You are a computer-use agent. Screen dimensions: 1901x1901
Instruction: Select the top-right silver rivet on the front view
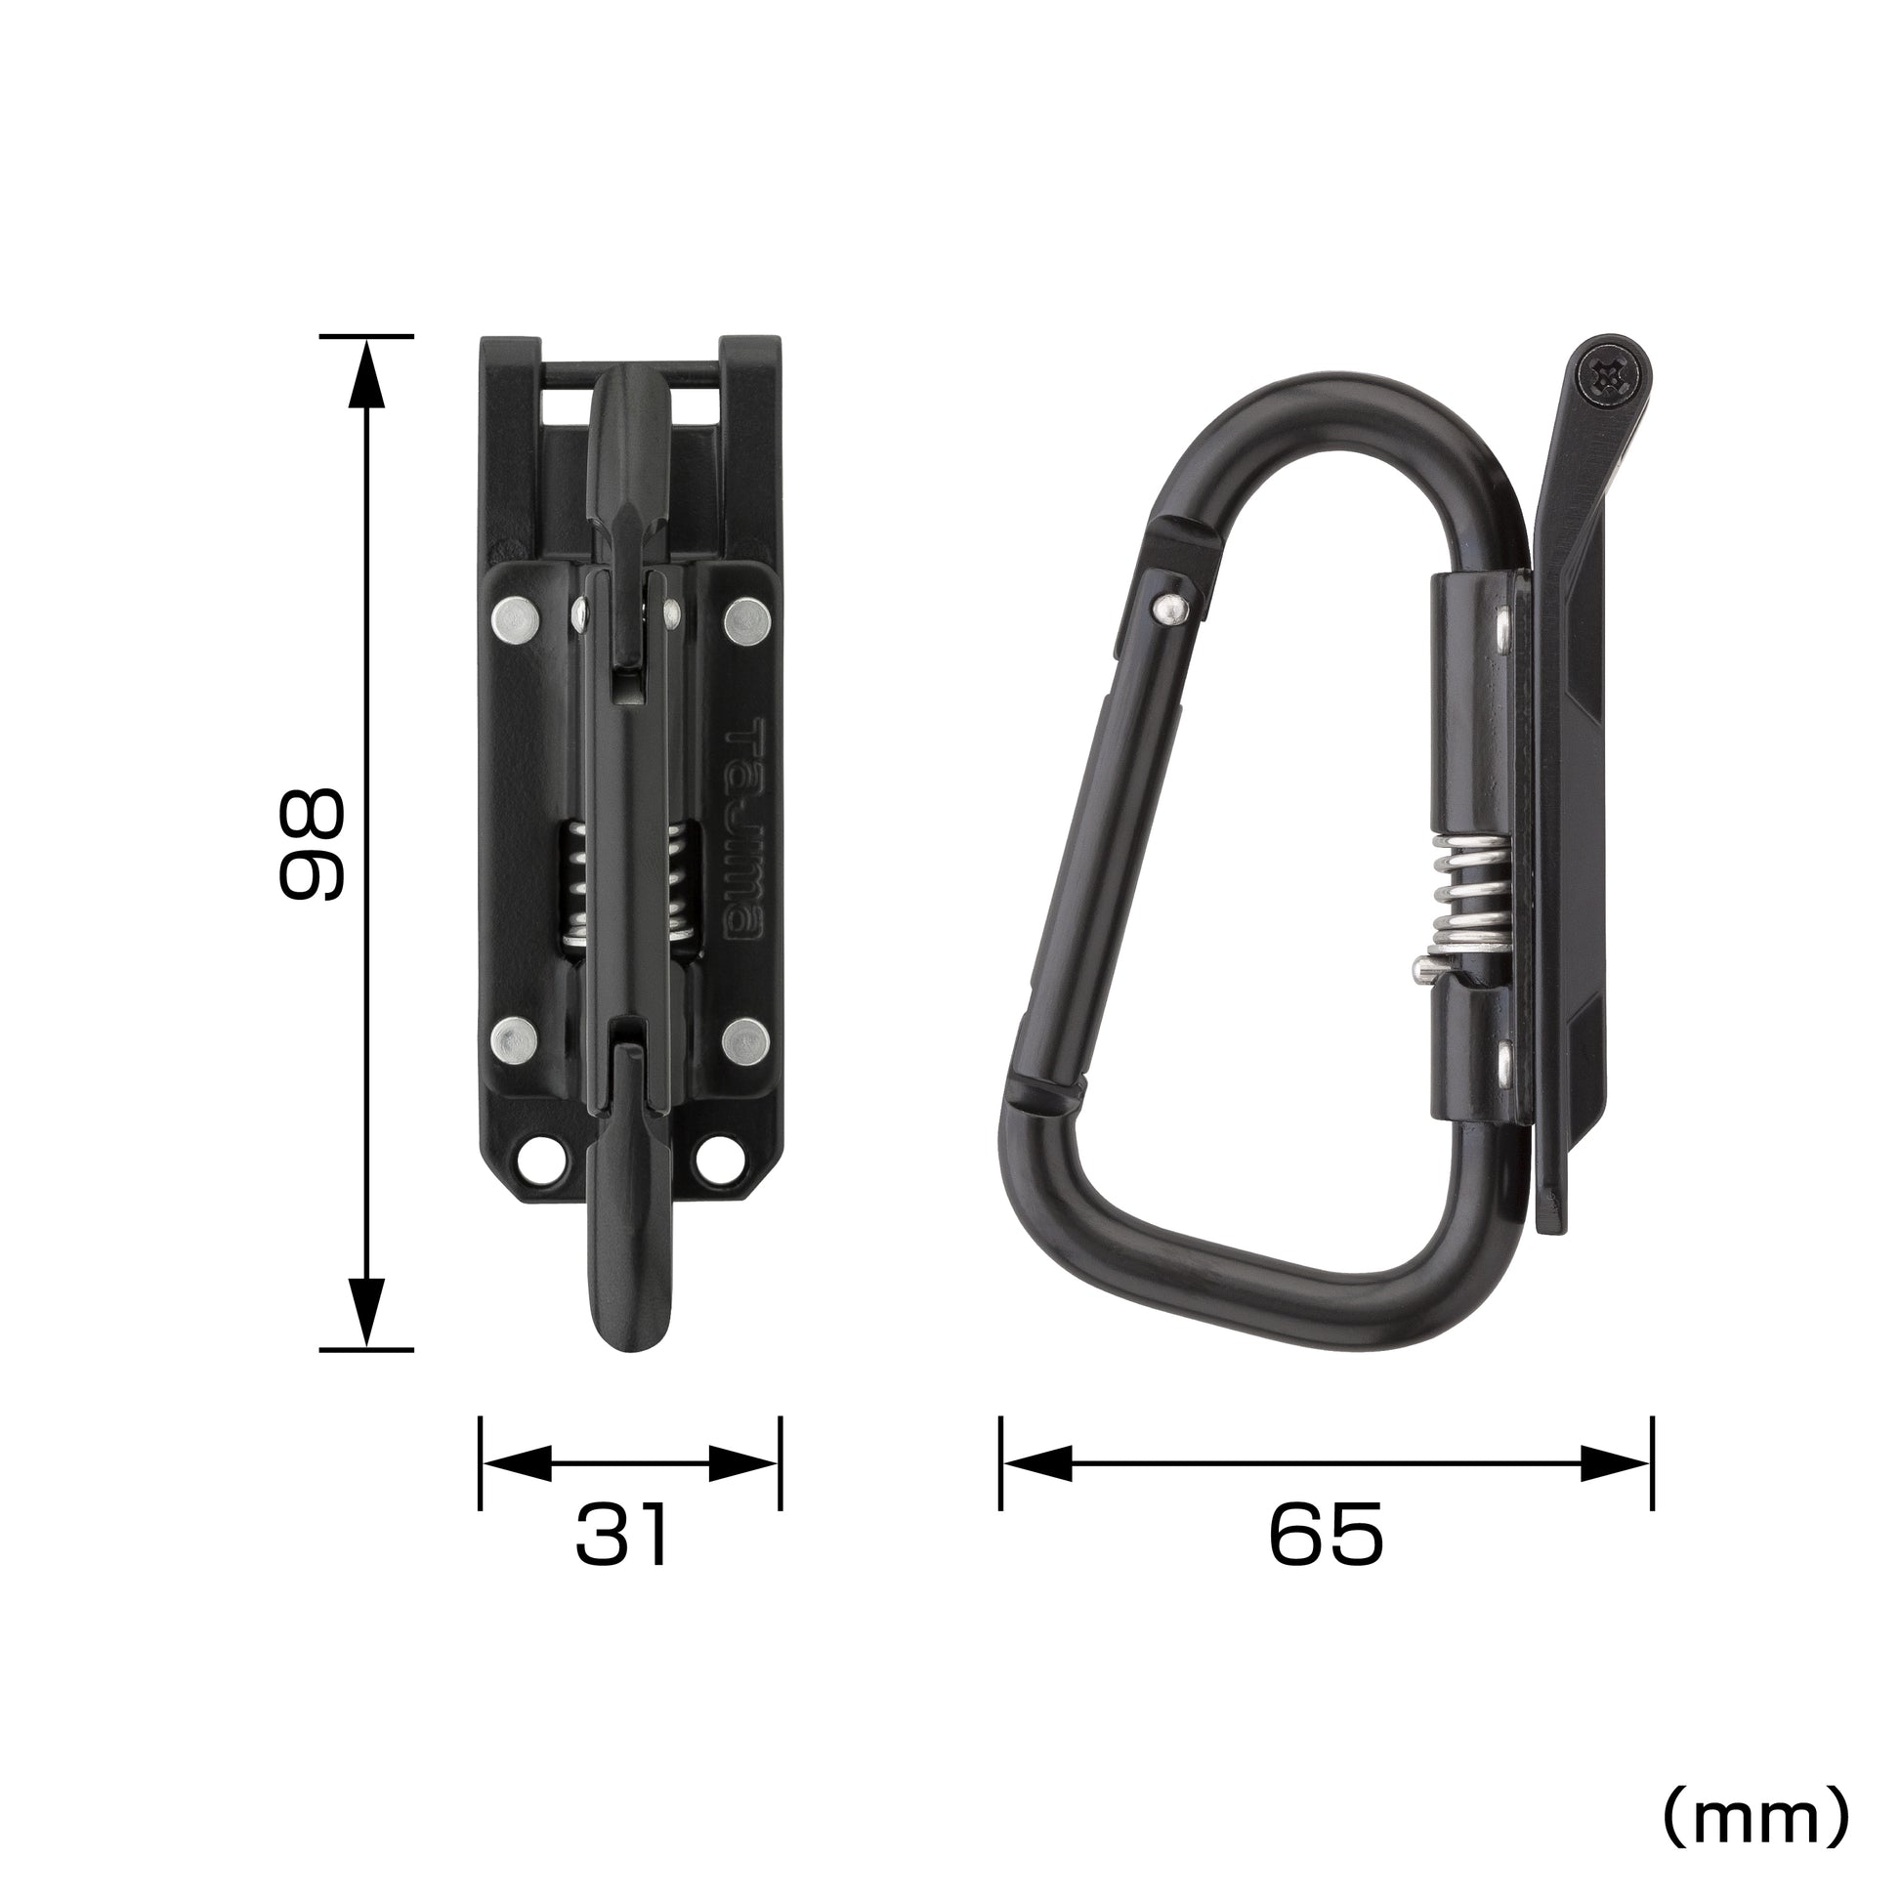tap(746, 619)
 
